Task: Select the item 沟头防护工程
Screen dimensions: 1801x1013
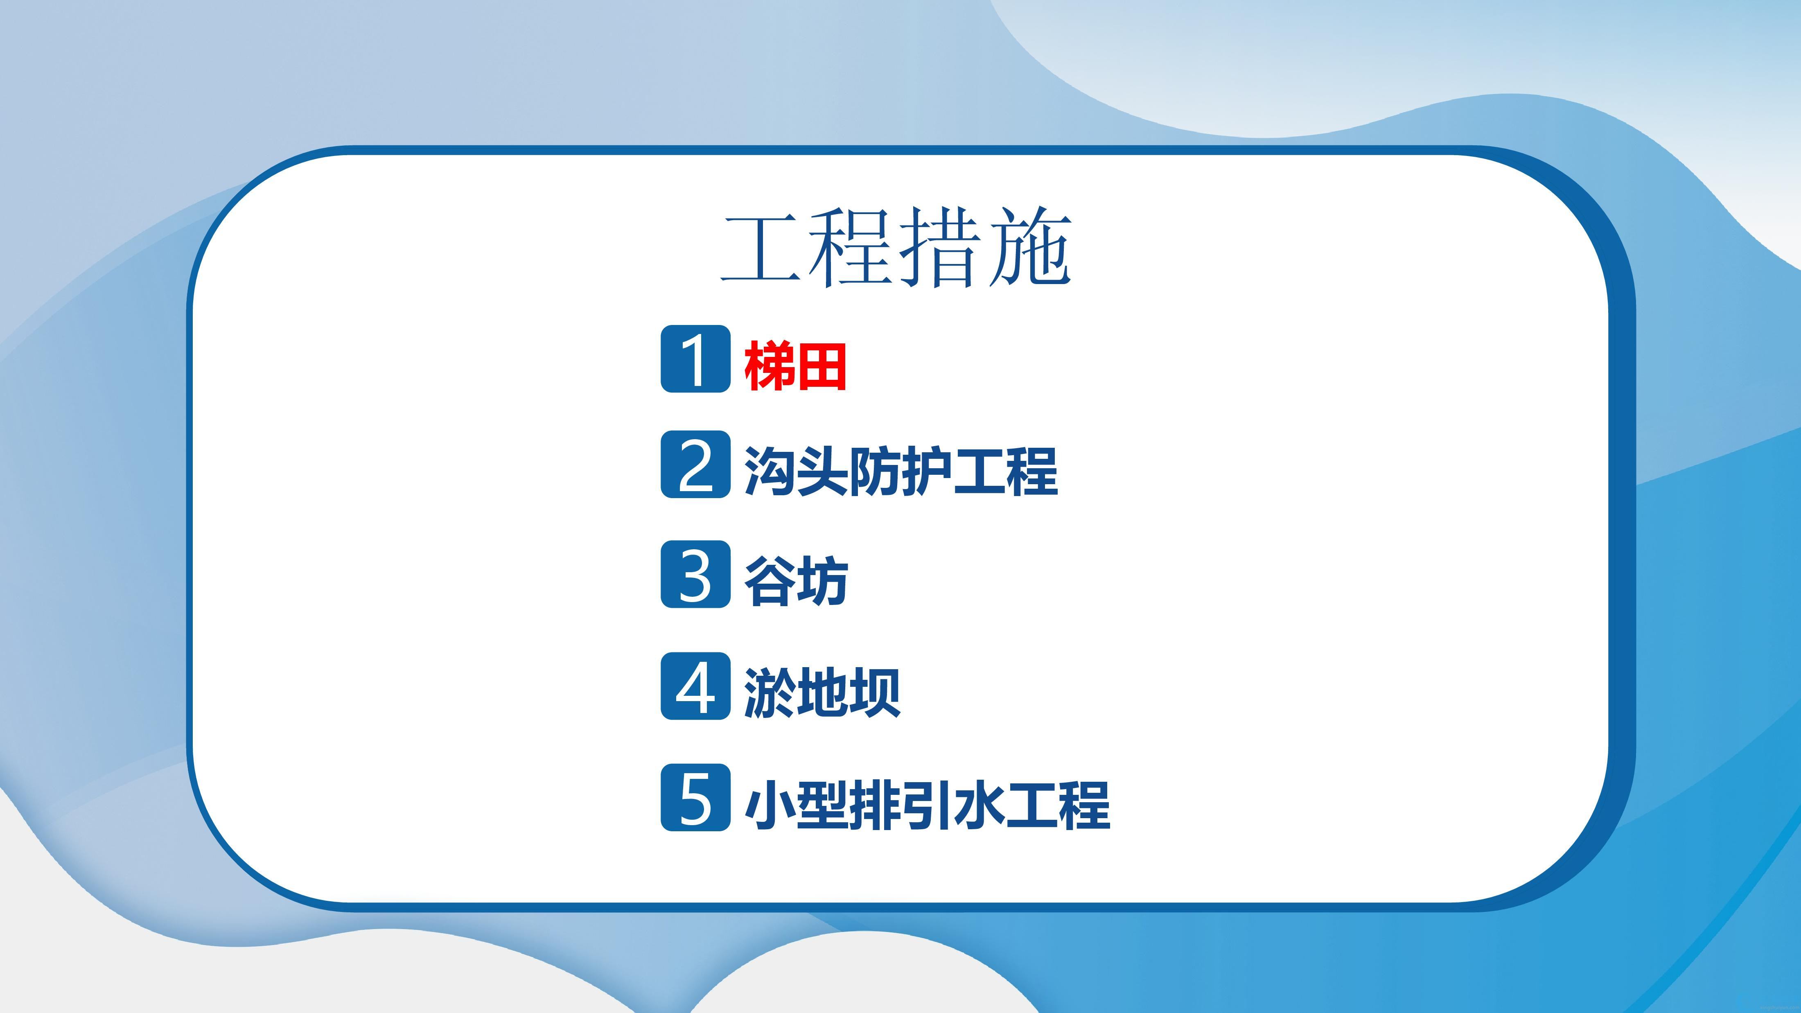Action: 900,471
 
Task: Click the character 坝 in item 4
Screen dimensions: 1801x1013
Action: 875,693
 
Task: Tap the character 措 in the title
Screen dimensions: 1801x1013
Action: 940,248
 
